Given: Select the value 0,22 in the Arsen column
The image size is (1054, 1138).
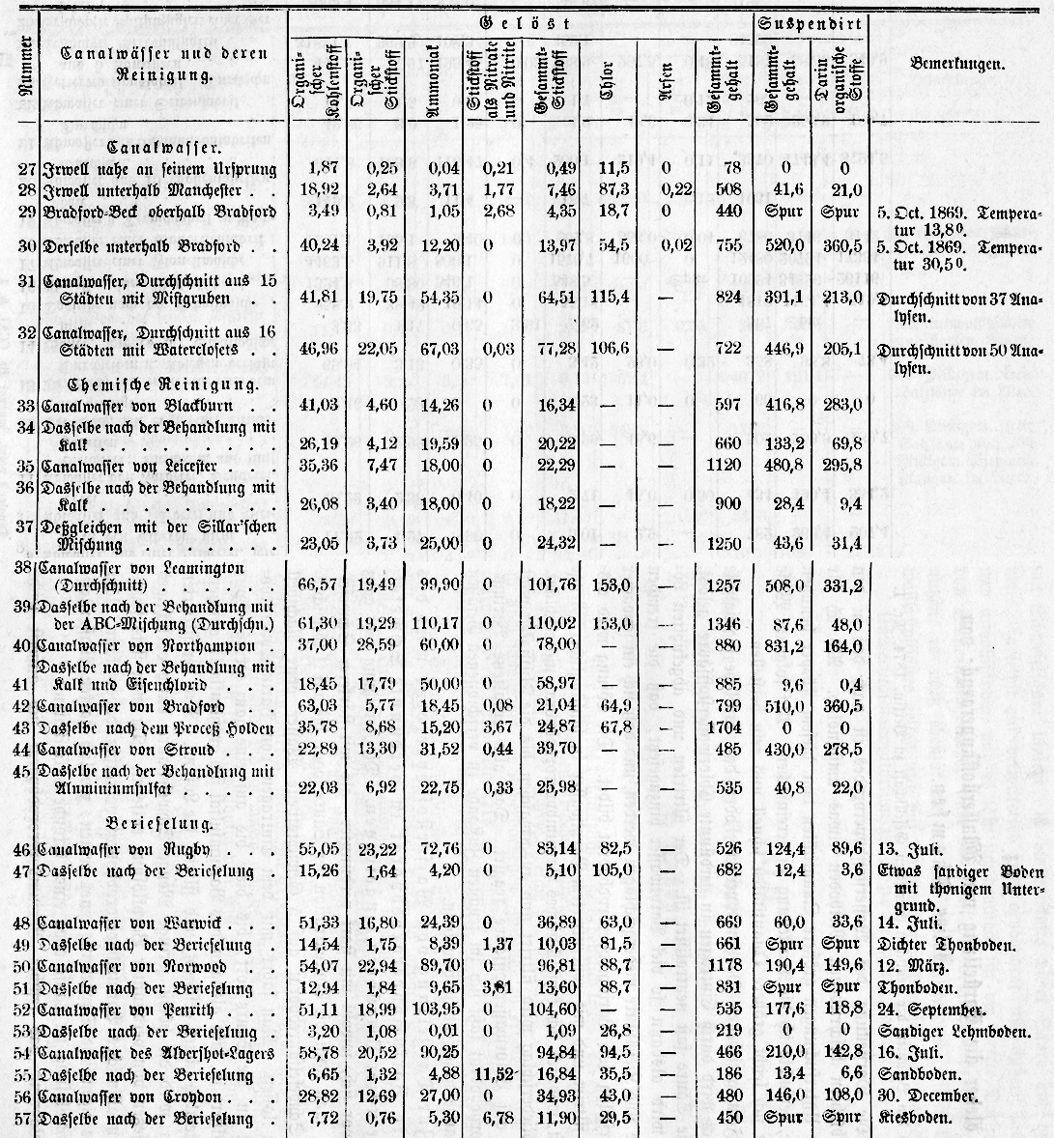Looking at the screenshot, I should click(x=665, y=190).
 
